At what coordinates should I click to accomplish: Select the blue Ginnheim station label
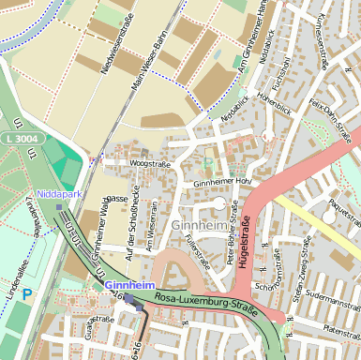[x=128, y=284]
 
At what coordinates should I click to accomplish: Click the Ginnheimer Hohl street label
[x=223, y=182]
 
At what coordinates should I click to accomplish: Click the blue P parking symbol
[x=27, y=294]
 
